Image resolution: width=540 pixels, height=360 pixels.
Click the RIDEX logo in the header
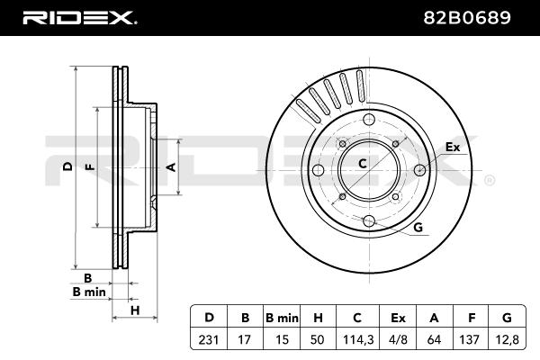pos(78,16)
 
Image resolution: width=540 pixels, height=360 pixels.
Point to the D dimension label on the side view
pos(67,167)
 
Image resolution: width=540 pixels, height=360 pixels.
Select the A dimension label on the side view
pos(171,167)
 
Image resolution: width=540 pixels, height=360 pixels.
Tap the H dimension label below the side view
pos(135,310)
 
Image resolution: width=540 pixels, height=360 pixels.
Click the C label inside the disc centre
pos(363,164)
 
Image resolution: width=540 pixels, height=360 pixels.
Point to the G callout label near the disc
pos(418,228)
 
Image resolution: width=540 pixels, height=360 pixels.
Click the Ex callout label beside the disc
pos(453,146)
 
